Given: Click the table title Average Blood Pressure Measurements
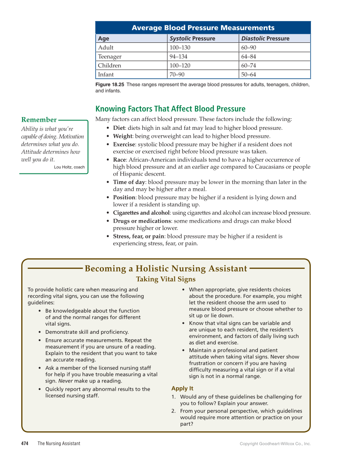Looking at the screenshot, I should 203,28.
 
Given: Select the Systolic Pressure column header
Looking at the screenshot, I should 192,39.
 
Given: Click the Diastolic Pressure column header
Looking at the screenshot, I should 265,39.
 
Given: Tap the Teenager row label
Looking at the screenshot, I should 109,57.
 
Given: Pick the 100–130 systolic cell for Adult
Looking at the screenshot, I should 180,47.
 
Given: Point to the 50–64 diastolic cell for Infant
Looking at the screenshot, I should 248,75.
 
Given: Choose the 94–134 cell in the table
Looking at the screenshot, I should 178,57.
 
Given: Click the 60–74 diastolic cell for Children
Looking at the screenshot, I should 248,66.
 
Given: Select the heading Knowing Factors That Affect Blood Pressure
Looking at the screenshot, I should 170,109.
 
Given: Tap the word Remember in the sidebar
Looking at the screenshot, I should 39,120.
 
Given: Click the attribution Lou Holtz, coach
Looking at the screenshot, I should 69,167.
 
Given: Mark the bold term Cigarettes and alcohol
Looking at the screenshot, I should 141,213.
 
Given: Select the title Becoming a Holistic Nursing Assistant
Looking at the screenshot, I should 166,268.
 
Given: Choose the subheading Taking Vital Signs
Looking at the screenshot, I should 165,279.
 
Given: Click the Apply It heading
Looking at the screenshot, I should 182,388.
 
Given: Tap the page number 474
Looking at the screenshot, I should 25,444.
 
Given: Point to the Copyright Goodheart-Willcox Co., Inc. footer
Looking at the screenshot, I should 275,444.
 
